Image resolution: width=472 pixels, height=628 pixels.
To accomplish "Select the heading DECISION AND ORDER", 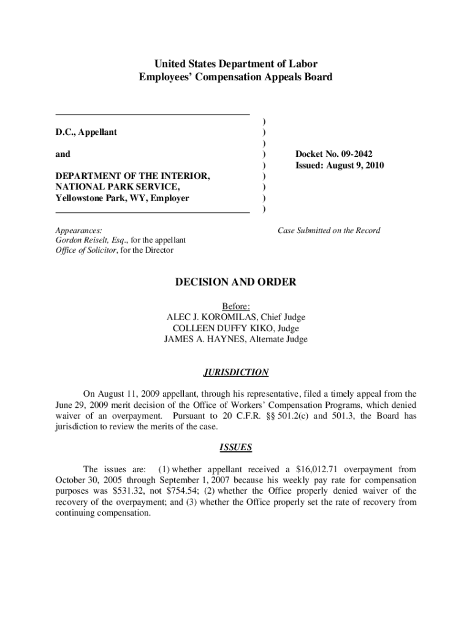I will point(236,282).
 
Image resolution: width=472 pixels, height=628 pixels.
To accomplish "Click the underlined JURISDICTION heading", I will point(236,372).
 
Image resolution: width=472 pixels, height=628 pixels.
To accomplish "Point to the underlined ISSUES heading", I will point(236,447).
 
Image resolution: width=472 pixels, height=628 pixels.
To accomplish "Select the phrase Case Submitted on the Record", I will point(329,231).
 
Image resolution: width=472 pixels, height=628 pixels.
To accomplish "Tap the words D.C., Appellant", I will point(86,132).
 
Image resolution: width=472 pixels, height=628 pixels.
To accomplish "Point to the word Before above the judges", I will point(235,306).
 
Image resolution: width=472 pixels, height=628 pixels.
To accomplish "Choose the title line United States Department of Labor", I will point(236,64).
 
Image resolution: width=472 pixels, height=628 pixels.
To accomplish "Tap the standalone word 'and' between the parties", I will point(63,154).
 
